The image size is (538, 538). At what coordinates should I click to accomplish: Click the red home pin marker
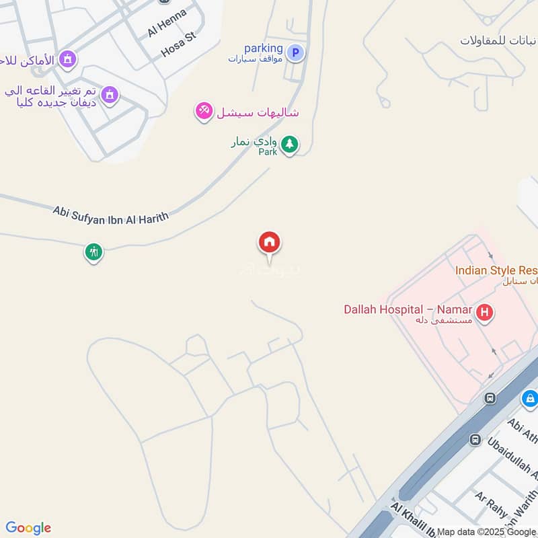point(270,243)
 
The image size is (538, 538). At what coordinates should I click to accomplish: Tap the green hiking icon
point(93,252)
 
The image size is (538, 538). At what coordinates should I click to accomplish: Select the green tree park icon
point(289,144)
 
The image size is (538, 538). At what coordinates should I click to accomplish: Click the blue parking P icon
point(295,52)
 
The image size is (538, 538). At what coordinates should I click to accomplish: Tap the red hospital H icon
point(484,312)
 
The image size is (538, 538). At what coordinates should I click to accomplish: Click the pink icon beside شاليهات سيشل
point(204,111)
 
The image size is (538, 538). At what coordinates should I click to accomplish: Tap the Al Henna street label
point(167,23)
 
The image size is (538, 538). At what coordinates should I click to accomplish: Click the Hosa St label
point(178,45)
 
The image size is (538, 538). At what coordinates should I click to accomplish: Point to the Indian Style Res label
point(496,270)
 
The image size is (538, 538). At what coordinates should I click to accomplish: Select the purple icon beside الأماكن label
point(67,60)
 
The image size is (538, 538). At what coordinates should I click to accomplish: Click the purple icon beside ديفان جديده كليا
point(112,95)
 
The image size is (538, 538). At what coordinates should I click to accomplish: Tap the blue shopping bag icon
point(530,399)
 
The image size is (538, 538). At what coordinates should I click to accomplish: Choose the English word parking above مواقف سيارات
point(263,48)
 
